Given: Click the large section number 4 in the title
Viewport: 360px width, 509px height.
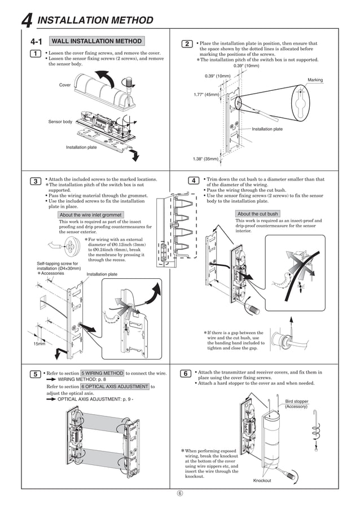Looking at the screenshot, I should [x=27, y=21].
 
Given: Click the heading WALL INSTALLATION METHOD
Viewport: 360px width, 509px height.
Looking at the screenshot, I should [x=96, y=41].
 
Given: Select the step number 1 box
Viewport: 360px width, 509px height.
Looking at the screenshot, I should [x=35, y=54].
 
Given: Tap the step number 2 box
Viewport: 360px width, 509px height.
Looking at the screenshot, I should [x=187, y=44].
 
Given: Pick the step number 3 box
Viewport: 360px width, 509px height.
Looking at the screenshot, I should [x=35, y=181].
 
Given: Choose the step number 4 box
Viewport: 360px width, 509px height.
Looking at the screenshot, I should [x=193, y=181].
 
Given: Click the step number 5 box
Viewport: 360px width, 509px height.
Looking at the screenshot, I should [x=35, y=374].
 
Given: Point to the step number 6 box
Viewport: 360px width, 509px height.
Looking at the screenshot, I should [x=186, y=374].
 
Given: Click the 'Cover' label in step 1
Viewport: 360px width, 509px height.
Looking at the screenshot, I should [x=65, y=85].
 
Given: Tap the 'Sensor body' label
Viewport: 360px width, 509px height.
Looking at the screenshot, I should [x=60, y=122].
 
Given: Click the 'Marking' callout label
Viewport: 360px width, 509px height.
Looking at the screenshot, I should [x=315, y=80].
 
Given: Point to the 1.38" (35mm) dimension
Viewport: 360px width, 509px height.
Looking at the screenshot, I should [x=205, y=159].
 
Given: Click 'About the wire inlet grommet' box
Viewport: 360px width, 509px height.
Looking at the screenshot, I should [x=90, y=215].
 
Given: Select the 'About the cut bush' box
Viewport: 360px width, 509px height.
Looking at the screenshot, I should [x=257, y=214].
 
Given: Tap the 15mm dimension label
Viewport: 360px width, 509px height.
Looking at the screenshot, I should [x=38, y=343].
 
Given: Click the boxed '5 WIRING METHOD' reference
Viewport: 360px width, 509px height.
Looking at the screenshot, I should [x=102, y=374].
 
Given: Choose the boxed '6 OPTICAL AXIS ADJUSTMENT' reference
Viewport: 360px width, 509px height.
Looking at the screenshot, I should [x=115, y=387].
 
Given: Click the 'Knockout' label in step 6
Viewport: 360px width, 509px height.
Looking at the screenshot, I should [x=262, y=480].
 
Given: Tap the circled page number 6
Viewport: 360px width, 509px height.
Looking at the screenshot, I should [x=180, y=492].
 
